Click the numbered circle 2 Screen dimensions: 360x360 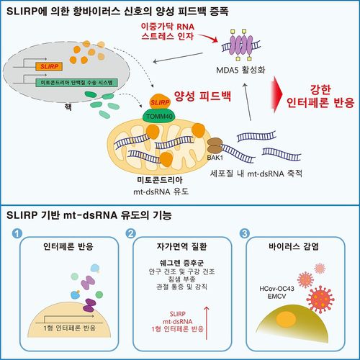[x=130, y=233]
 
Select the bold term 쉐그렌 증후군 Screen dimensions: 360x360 [x=179, y=262]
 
